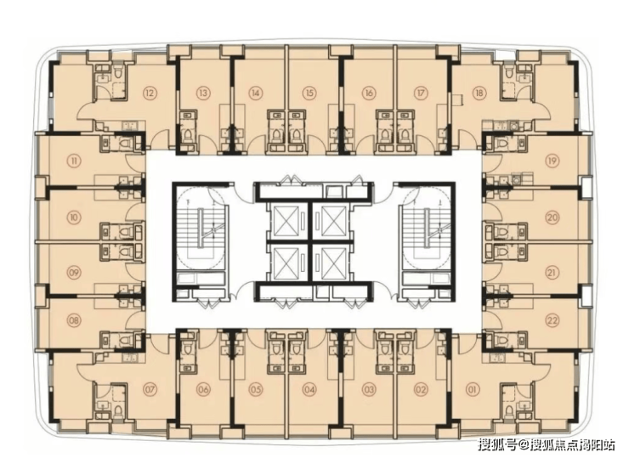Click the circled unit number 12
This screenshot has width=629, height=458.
[x=150, y=93]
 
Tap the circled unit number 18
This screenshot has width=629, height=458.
[x=479, y=93]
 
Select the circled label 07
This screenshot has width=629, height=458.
[x=150, y=388]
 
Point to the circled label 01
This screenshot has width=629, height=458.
[x=473, y=388]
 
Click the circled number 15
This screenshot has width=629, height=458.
[x=309, y=93]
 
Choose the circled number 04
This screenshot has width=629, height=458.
[x=309, y=388]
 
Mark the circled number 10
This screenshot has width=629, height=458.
[x=74, y=218]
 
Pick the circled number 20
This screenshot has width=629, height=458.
[x=552, y=218]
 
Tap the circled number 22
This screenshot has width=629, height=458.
[x=552, y=320]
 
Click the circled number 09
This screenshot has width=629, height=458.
[x=74, y=273]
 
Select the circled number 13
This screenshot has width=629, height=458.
[x=203, y=93]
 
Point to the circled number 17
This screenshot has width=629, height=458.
[x=421, y=93]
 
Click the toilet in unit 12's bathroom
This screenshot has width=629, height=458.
[x=118, y=72]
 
